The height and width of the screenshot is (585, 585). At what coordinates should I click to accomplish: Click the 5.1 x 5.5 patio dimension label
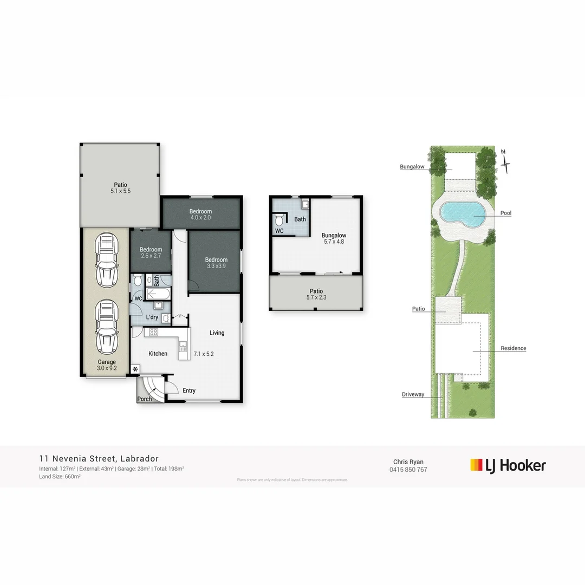coord(120,191)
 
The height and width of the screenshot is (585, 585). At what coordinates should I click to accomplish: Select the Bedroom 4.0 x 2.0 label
coord(200,214)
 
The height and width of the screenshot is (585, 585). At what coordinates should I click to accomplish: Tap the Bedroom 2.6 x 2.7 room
coord(151,253)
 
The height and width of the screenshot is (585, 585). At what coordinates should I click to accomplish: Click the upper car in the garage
coord(106,261)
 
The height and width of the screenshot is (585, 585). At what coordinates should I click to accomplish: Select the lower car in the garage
coord(106,327)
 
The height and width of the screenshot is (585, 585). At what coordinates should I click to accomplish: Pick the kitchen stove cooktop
coord(153,333)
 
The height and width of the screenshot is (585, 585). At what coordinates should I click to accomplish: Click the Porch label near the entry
coord(145,399)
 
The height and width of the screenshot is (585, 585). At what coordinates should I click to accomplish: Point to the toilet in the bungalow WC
coord(279,219)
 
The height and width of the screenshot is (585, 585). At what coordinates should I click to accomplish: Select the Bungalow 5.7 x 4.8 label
coord(333,238)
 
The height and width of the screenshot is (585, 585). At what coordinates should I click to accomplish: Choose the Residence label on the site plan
coord(513,348)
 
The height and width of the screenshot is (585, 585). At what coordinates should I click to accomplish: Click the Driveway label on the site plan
coord(413,394)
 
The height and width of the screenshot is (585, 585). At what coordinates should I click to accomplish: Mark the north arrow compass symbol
coord(505,161)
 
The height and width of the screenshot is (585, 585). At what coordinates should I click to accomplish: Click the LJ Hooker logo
coord(508,465)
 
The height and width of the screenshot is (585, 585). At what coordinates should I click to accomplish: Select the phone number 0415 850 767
coord(408,470)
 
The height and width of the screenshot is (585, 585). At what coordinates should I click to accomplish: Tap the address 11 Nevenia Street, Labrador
coord(99,458)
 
